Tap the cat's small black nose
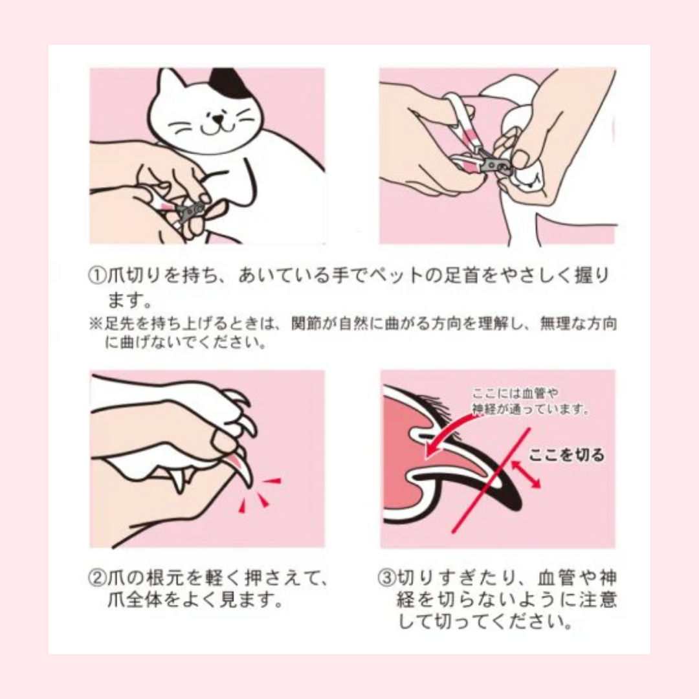(217, 118)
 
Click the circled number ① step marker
(97, 276)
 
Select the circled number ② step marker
(97, 578)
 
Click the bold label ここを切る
(566, 455)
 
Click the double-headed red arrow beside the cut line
(526, 474)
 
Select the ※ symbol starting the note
(95, 323)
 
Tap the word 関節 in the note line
(305, 323)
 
